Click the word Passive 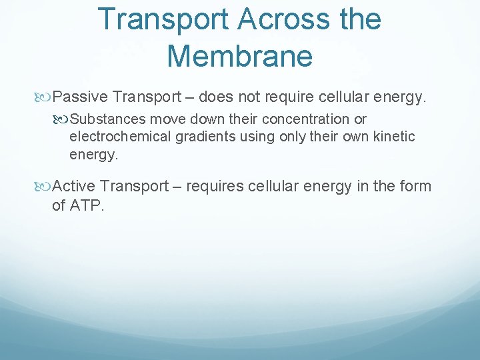(x=80, y=97)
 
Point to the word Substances (x=109, y=119)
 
